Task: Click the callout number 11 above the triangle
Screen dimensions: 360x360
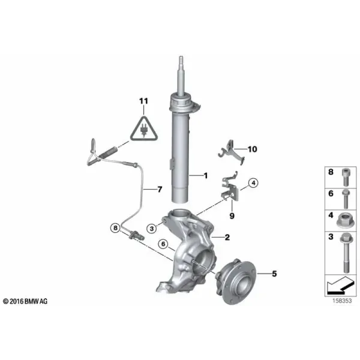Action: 144,101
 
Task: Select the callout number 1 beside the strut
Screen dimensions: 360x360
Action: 205,176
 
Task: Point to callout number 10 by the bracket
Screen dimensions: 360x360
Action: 252,149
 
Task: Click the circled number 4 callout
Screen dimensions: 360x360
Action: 253,183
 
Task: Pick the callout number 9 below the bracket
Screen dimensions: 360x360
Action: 232,216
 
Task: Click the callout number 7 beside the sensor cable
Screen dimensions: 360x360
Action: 160,190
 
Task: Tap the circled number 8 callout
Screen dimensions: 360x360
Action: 115,228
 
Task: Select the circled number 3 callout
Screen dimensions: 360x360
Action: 152,229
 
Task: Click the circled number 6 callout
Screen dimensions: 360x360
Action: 163,244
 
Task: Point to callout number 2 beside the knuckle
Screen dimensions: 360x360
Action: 227,237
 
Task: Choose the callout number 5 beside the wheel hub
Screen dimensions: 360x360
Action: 274,274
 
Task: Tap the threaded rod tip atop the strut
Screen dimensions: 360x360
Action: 181,58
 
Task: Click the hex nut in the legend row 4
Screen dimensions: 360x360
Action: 345,220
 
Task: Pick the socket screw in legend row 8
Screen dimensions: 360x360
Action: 346,177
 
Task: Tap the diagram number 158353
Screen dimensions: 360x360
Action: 342,301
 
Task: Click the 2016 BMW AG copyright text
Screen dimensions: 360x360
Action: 25,301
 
